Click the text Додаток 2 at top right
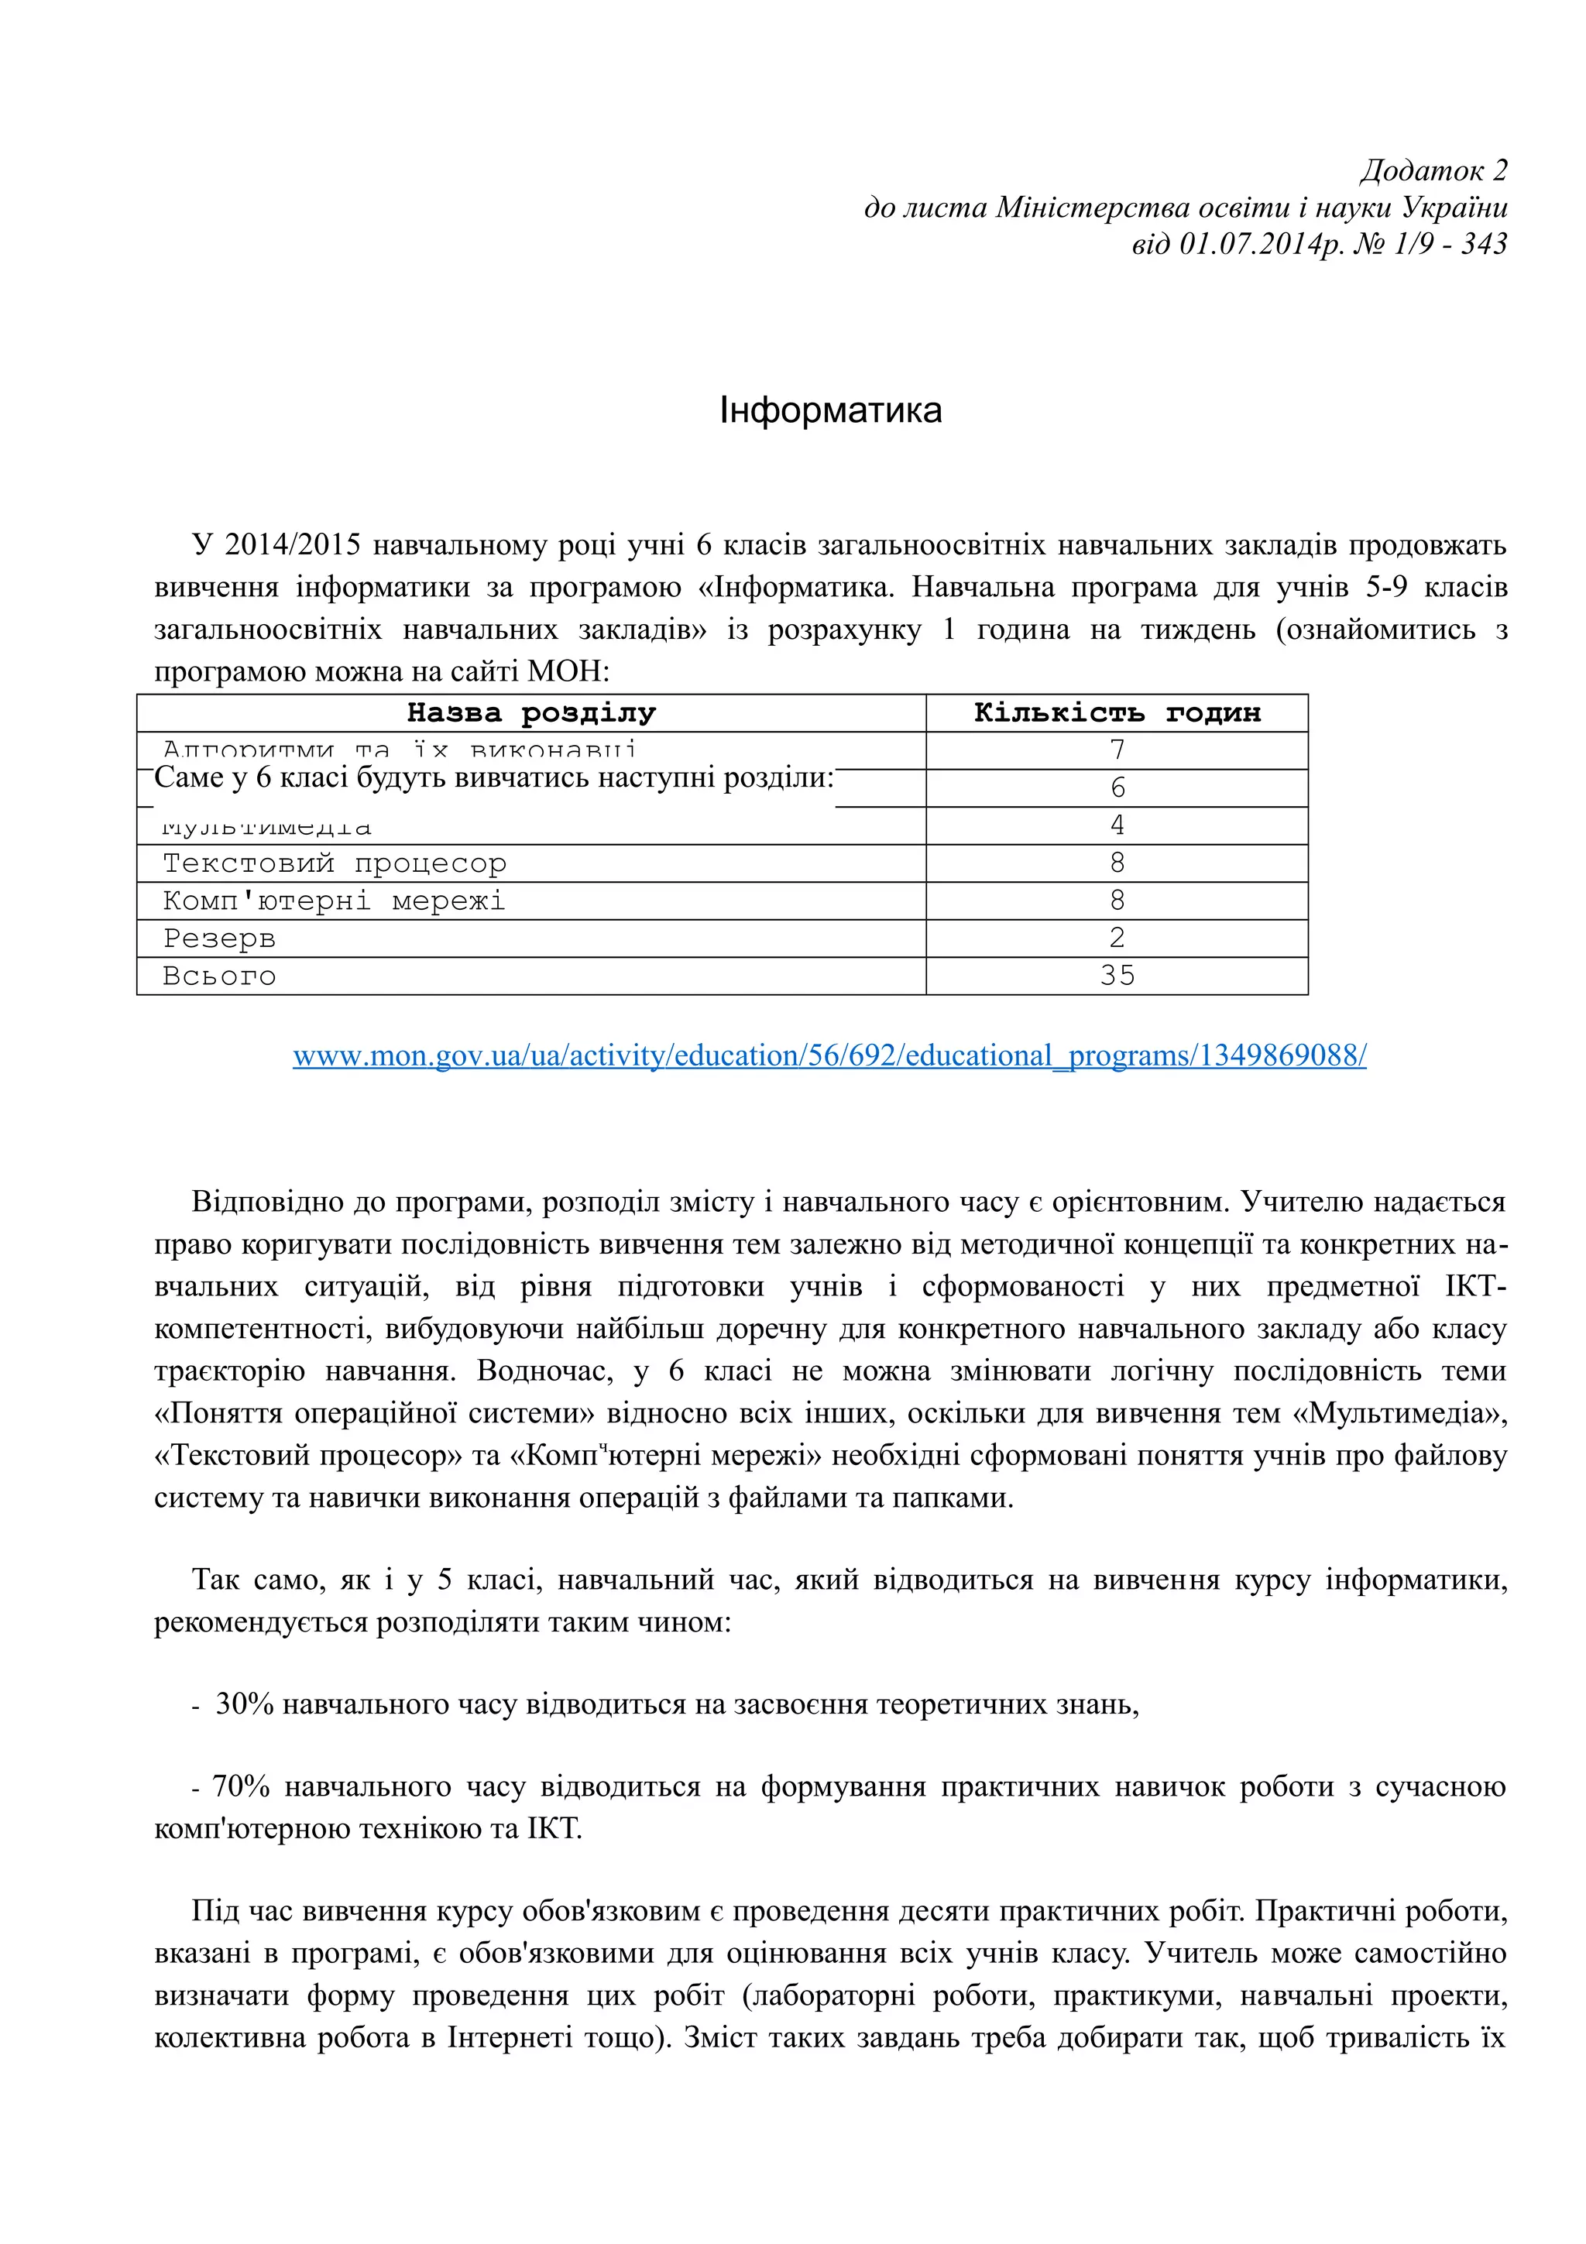[1433, 171]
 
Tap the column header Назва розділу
[530, 712]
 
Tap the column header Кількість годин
[1116, 712]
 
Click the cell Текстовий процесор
[335, 863]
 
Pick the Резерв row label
[219, 938]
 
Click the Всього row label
[219, 976]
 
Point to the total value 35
[1116, 976]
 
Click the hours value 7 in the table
[1117, 750]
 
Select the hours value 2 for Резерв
[1117, 938]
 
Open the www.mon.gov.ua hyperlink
[829, 1055]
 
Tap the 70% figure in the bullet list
[240, 1786]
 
